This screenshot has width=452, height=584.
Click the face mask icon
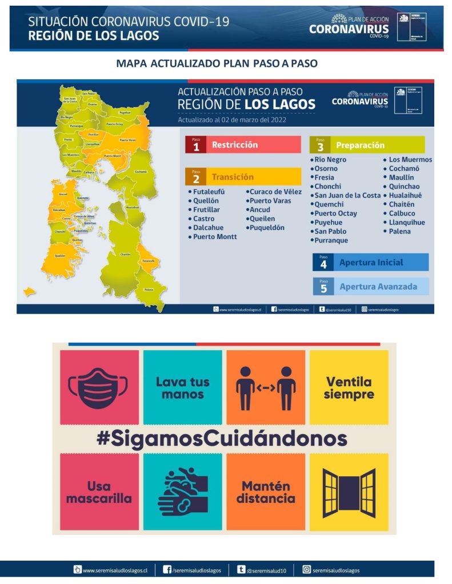[99, 387]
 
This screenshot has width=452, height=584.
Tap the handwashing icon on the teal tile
[182, 491]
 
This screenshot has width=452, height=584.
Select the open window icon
[349, 491]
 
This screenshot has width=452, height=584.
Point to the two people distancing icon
[266, 388]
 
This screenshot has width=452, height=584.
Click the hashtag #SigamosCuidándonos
[221, 439]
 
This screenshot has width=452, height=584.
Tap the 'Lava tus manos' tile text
[182, 388]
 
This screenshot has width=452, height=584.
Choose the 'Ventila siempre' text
[349, 388]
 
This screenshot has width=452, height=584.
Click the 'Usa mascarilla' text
[99, 492]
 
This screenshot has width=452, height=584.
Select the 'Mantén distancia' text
[266, 492]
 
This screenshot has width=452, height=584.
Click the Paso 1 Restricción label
[242, 145]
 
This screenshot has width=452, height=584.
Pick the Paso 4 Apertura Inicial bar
[370, 262]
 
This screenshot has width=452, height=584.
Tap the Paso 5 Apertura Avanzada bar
[370, 286]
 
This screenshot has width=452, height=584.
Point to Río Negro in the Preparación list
[330, 160]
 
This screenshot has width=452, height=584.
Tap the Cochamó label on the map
[140, 171]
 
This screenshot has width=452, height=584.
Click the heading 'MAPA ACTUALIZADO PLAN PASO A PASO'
[217, 63]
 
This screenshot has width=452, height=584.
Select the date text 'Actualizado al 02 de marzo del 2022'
[232, 120]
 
